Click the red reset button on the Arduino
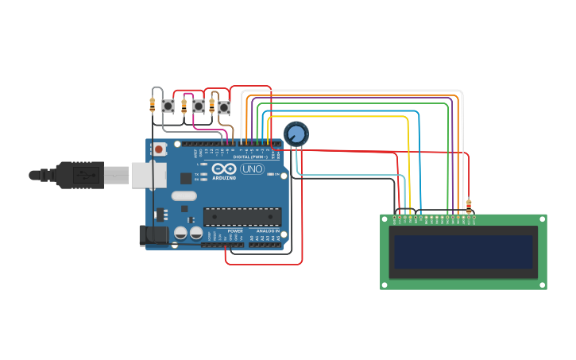pos(160,149)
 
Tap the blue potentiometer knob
pos(296,134)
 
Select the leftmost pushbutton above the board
pos(168,106)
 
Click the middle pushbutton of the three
pos(199,106)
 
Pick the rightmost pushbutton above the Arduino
pos(223,106)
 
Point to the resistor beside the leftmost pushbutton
pos(153,103)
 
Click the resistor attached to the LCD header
pos(468,206)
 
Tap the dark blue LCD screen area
pos(463,251)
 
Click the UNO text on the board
pos(252,169)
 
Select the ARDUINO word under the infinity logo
pos(224,178)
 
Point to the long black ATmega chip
pos(242,216)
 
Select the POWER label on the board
pos(235,231)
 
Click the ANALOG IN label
pos(268,231)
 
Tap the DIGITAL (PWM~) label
pos(248,157)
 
